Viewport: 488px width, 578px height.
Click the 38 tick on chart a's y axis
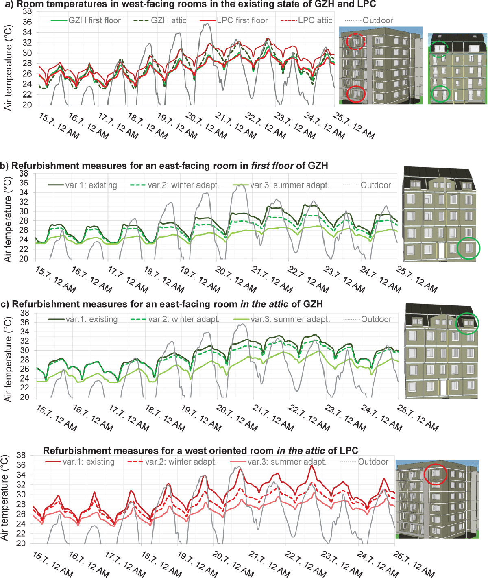click(x=27, y=11)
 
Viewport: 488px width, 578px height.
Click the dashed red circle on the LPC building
click(x=356, y=41)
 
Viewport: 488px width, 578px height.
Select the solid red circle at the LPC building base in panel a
click(x=356, y=94)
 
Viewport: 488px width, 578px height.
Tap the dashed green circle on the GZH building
click(x=439, y=49)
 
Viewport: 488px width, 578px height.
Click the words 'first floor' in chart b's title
click(x=272, y=166)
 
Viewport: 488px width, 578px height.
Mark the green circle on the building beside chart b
click(x=468, y=248)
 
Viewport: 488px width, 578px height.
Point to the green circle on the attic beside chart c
click(x=467, y=323)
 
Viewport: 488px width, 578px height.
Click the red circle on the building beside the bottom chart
click(x=435, y=474)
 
